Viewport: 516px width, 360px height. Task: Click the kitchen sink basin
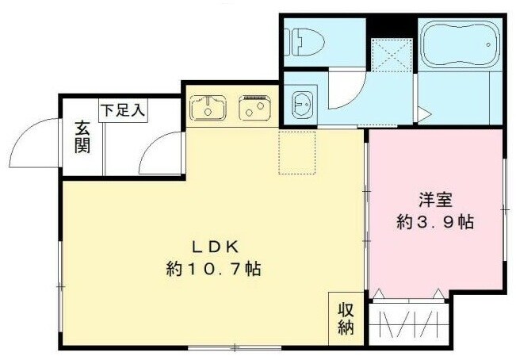point(208,107)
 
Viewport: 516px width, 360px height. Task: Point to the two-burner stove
point(254,109)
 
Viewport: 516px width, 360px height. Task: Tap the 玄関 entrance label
point(82,136)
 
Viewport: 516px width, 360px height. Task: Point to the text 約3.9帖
point(435,223)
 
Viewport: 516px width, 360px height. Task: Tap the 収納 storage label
point(346,318)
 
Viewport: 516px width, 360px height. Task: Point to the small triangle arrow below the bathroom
point(425,116)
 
